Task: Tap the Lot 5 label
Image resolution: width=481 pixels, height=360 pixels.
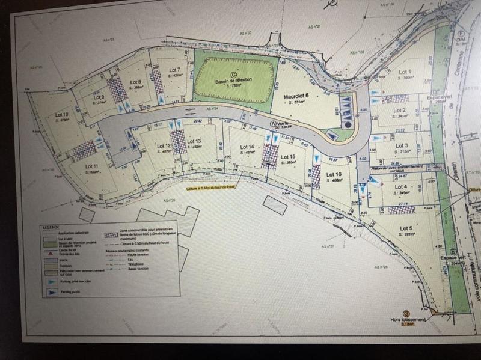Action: (406, 228)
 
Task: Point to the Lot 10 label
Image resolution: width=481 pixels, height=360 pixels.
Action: (61, 114)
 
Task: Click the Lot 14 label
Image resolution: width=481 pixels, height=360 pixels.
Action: (247, 147)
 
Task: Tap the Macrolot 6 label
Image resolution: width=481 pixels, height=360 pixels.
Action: (295, 96)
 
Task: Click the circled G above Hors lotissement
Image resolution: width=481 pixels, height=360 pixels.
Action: (406, 313)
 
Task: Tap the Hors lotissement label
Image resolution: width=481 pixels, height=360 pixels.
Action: (406, 319)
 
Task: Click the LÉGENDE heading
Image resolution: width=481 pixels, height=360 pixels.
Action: (51, 227)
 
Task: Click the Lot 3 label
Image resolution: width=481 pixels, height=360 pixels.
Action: (402, 145)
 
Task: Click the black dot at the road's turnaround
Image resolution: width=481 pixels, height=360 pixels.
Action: (348, 124)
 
